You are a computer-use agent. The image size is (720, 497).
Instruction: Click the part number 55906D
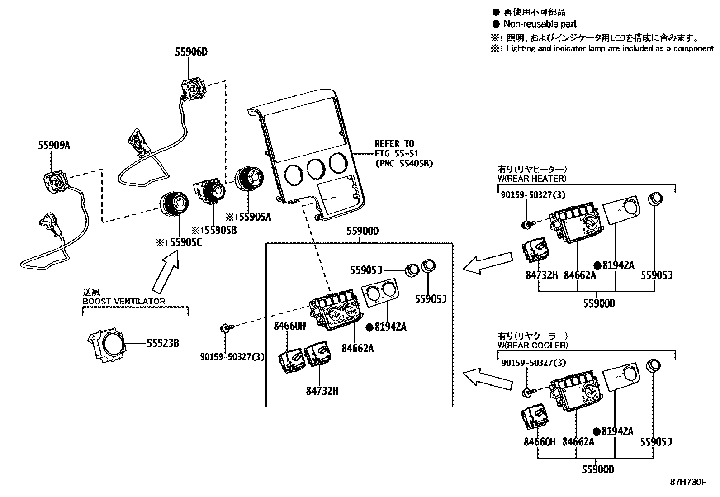[x=191, y=52]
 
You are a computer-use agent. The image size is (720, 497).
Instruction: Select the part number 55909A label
[x=54, y=146]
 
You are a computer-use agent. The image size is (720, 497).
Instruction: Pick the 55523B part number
[x=163, y=344]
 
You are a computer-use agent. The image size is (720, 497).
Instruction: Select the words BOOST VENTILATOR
[x=124, y=301]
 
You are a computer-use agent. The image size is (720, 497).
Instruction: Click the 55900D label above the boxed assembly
[x=362, y=231]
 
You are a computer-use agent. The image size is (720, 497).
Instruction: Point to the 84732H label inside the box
[x=322, y=391]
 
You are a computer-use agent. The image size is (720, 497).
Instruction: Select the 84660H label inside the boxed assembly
[x=289, y=326]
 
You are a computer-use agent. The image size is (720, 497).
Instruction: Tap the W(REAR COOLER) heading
[x=533, y=345]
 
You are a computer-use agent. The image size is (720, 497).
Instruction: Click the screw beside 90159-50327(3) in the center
[x=225, y=327]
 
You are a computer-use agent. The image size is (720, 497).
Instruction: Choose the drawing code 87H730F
[x=688, y=482]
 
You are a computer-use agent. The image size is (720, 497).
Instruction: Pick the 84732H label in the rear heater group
[x=541, y=275]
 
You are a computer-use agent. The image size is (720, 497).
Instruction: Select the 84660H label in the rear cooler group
[x=539, y=442]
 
